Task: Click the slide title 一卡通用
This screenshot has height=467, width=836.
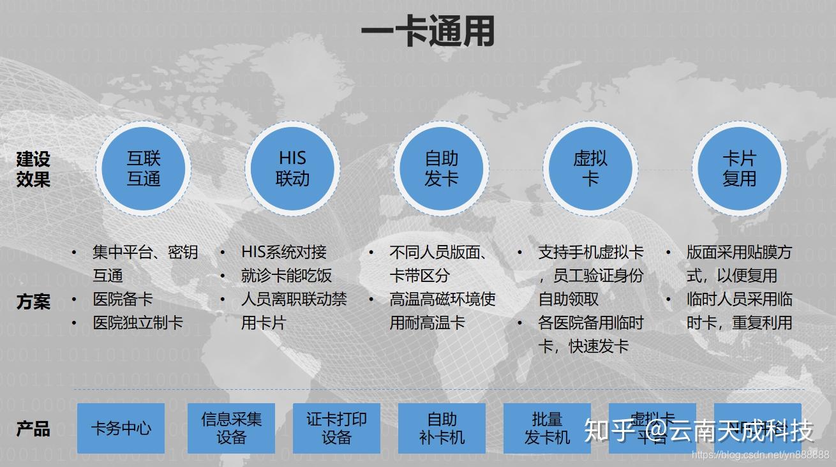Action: point(427,31)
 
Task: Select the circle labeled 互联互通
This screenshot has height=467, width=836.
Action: point(144,168)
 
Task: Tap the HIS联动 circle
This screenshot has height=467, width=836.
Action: point(292,168)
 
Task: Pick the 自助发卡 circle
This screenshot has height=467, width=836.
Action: point(442,168)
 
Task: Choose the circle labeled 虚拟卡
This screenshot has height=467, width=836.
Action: point(590,168)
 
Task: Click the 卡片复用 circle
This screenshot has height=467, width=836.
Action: point(739,168)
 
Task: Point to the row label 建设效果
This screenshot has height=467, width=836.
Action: point(33,169)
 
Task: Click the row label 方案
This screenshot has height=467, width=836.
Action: point(33,301)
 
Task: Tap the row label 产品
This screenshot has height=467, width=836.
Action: point(33,429)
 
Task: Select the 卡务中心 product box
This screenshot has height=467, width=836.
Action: point(121,428)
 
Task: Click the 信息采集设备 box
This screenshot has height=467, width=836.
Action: point(231,428)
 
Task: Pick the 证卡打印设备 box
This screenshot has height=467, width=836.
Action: point(336,428)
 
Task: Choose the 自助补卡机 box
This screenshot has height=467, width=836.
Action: point(442,428)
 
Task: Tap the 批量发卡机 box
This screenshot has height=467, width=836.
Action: point(547,428)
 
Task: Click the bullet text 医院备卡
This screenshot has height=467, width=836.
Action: point(123,299)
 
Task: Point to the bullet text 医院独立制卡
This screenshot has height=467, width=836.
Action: point(138,323)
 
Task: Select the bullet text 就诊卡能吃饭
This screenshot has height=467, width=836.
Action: point(287,276)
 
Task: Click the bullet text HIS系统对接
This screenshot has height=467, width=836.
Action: point(284,252)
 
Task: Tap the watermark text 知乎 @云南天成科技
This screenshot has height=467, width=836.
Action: point(699,431)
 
